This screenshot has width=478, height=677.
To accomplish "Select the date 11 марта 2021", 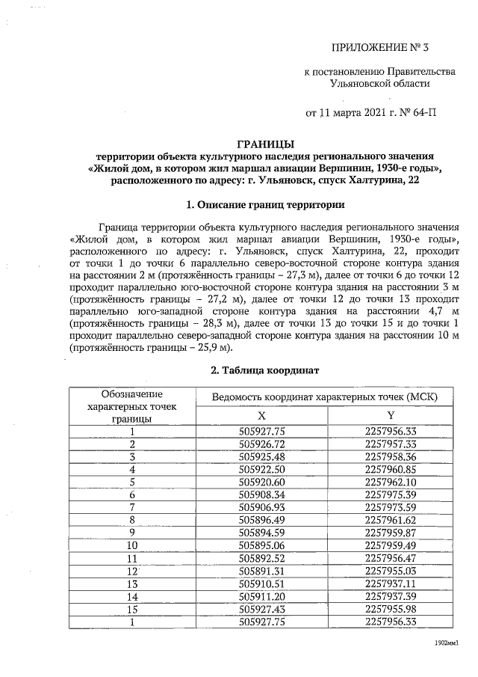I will click(x=352, y=114).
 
